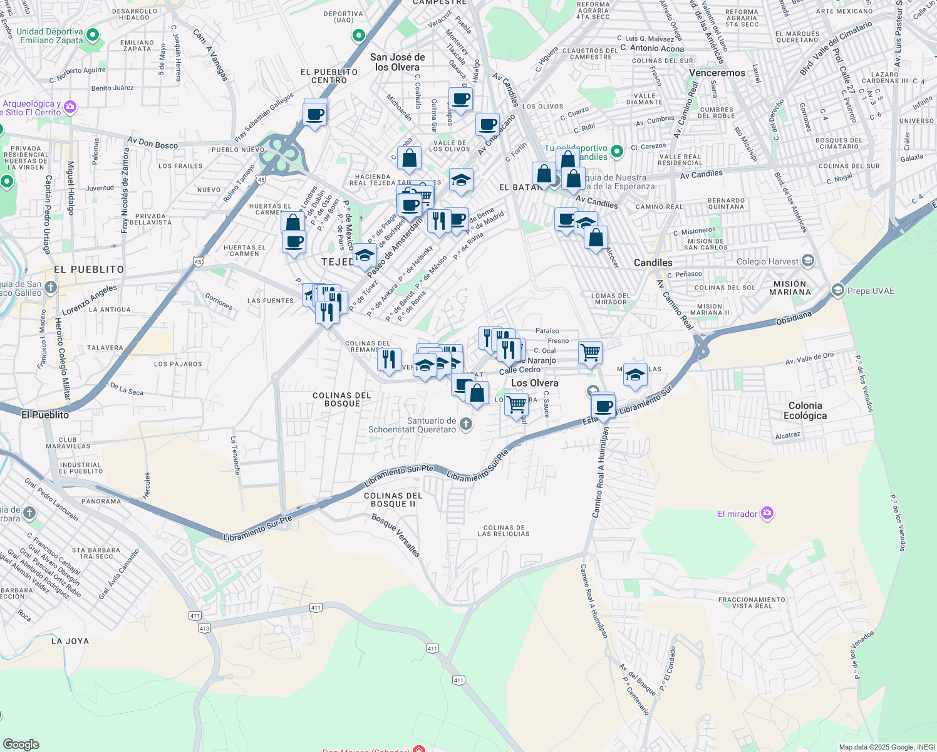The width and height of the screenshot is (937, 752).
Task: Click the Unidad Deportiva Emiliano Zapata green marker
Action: tap(93, 35)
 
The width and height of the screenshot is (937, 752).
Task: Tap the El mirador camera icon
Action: tap(767, 514)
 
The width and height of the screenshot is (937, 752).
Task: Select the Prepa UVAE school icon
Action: tap(837, 290)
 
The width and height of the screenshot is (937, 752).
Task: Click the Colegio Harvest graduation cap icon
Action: tap(808, 261)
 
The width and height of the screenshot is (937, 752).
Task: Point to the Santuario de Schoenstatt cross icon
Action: tap(465, 425)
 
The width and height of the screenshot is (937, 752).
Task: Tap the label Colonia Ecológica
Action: tap(805, 410)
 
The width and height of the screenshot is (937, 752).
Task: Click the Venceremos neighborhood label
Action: tap(717, 73)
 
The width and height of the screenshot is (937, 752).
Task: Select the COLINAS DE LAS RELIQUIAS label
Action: tap(504, 531)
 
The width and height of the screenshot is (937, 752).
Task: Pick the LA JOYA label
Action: tap(70, 641)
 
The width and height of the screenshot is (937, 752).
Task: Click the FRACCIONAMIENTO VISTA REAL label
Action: tap(752, 603)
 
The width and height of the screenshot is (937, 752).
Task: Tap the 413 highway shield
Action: tap(204, 628)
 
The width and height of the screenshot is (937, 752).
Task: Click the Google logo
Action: tap(21, 744)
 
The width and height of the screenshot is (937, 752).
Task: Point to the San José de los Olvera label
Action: tap(397, 62)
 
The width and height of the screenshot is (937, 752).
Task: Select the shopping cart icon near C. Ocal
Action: tap(590, 352)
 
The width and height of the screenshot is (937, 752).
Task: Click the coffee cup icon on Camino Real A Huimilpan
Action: tap(603, 406)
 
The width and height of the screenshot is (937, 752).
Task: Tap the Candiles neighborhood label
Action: tap(653, 263)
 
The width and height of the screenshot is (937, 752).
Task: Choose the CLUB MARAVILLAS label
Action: tap(68, 443)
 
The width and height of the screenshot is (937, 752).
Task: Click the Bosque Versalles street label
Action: tap(395, 536)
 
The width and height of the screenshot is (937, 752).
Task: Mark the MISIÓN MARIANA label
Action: tap(790, 288)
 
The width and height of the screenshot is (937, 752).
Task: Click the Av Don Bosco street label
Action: tap(153, 144)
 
